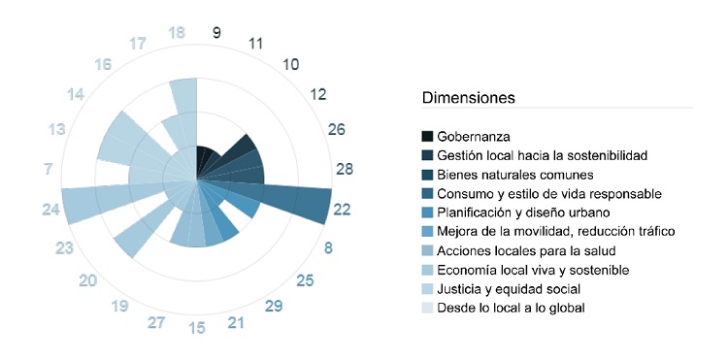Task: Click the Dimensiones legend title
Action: point(468,98)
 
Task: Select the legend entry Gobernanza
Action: point(474,137)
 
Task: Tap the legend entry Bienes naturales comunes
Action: point(514,175)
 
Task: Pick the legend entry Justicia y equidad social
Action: point(509,288)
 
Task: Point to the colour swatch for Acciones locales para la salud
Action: point(427,250)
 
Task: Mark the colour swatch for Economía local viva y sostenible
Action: point(427,270)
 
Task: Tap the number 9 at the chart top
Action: point(215,32)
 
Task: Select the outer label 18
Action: point(177,32)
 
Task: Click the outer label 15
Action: point(197,327)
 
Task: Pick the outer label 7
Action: point(49,170)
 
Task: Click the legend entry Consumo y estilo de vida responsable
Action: point(549,193)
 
